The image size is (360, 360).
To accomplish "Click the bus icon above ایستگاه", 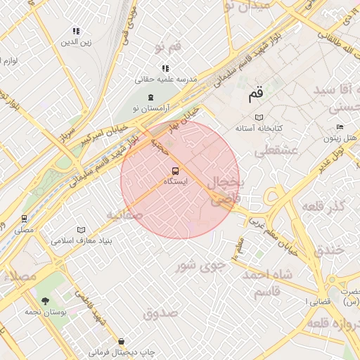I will click(175, 170).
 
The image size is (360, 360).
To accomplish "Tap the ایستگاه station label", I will click(175, 182).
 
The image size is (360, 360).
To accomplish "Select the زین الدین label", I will click(76, 42).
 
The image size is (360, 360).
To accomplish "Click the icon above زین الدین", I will click(76, 31).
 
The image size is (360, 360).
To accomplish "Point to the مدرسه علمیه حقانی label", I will click(166, 79).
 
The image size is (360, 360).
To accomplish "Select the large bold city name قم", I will click(255, 92).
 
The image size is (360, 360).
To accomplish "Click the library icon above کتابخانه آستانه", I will click(259, 117).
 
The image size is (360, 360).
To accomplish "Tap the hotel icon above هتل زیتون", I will click(340, 127).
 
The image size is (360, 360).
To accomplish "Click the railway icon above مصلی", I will click(24, 219).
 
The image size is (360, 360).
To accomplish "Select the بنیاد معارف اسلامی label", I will click(81, 240).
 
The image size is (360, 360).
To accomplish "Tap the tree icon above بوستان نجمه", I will click(46, 301).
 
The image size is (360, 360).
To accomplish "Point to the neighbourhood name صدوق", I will click(161, 313).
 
